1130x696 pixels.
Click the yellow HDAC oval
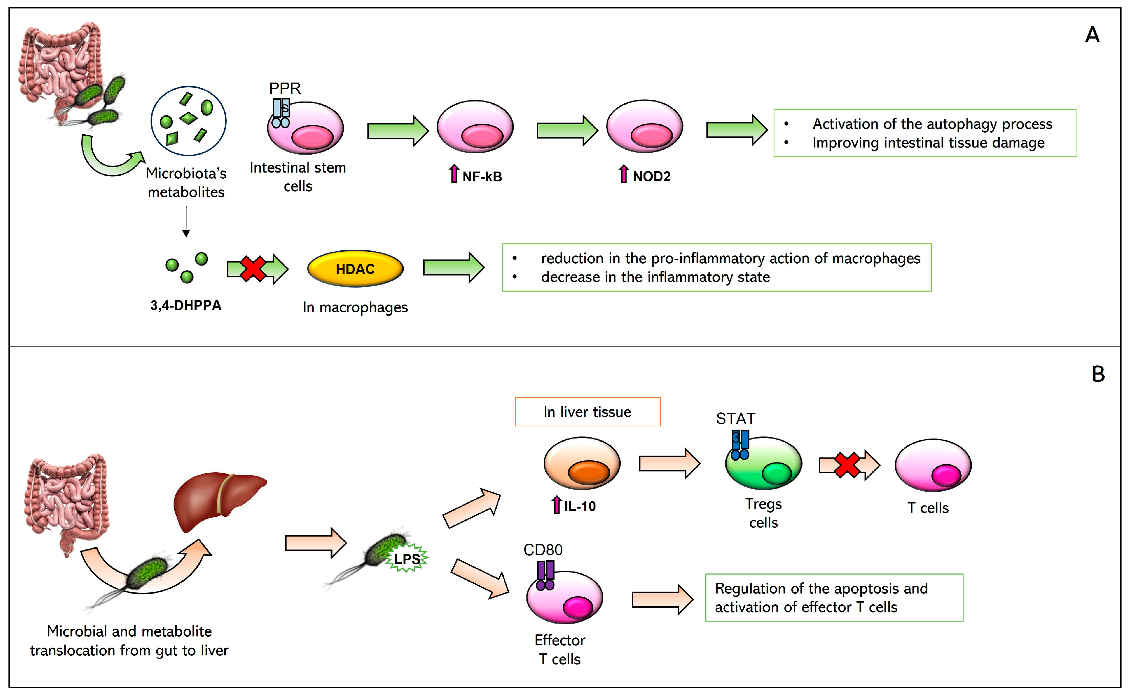[355, 269]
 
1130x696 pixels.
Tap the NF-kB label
[481, 177]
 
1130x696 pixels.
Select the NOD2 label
[651, 176]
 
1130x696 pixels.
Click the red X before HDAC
[253, 269]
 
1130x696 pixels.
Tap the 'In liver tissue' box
[587, 411]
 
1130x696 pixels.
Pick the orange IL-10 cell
[582, 463]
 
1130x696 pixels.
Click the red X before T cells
[847, 465]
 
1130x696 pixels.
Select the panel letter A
[1092, 35]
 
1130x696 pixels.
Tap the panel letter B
[1098, 374]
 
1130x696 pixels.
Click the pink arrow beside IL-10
[557, 505]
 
